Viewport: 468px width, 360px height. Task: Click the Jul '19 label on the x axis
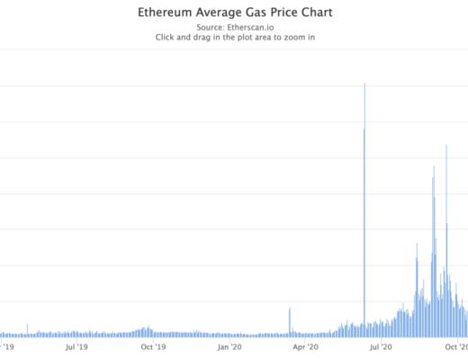tap(77, 346)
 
